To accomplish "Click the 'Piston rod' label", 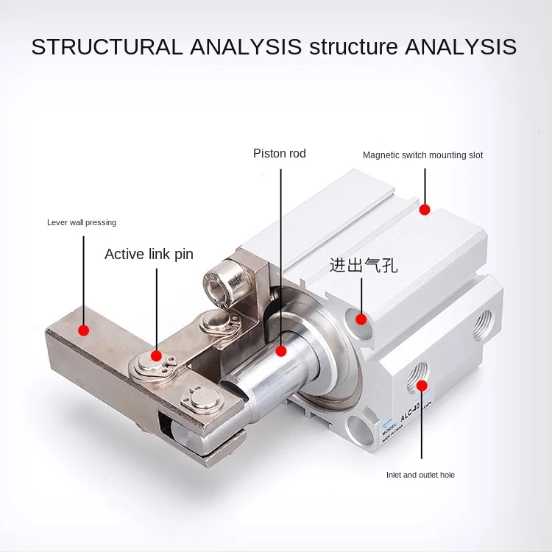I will point(279,154).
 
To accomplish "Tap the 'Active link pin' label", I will point(149,254).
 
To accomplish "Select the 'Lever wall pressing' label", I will point(82,222).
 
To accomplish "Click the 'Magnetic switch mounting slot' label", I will point(422,155).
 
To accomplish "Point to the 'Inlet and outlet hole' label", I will point(420,475).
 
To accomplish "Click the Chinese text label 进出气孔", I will point(364,265).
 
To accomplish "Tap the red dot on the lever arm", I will point(84,330).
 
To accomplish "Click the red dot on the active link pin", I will point(156,356).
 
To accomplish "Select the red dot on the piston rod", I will point(280,351).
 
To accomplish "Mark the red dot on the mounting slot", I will point(425,210).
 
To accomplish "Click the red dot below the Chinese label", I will point(361,319).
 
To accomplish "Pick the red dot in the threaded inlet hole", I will point(422,385).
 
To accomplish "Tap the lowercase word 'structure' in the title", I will point(353,47).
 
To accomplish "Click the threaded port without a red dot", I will point(484,322).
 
